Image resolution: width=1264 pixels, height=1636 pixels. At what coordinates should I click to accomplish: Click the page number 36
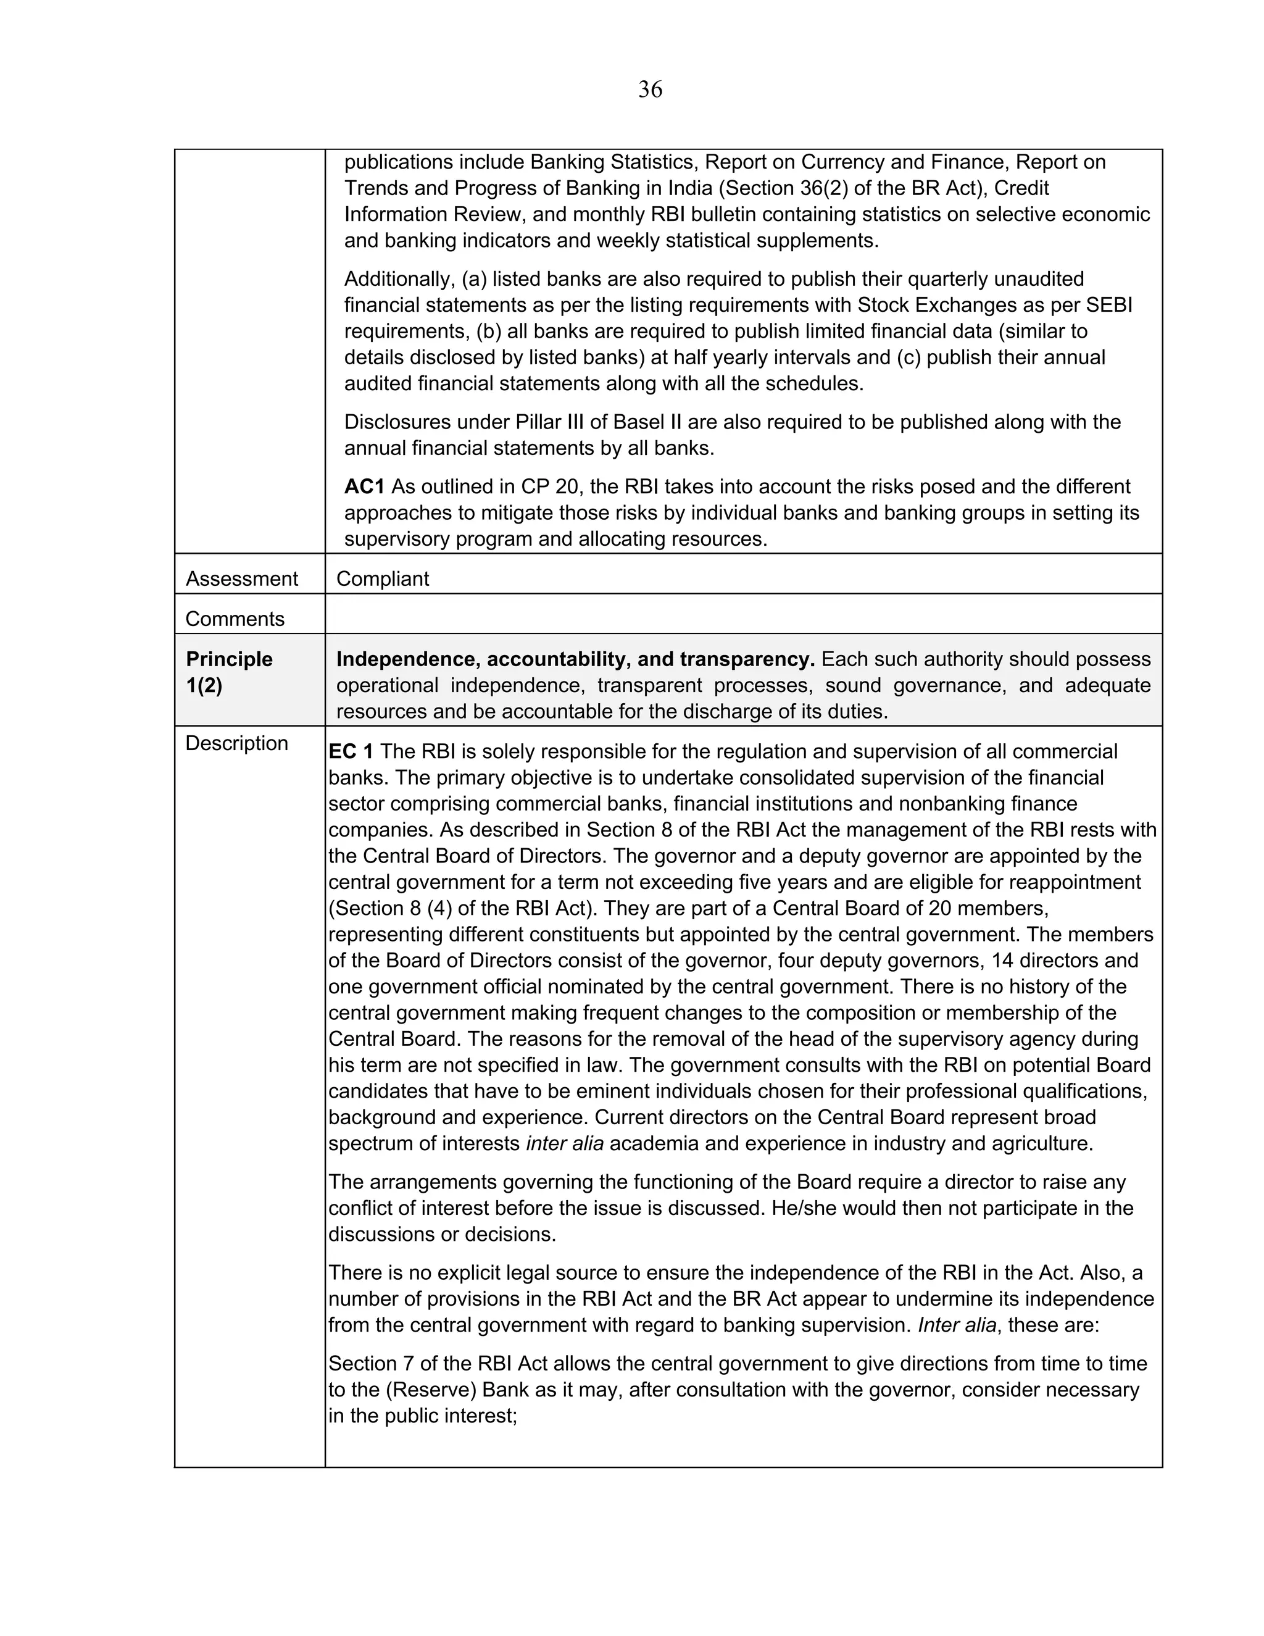pyautogui.click(x=650, y=90)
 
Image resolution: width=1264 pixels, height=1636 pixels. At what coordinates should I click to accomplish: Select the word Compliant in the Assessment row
pyautogui.click(x=383, y=579)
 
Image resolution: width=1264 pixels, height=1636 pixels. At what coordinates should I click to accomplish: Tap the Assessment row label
pyautogui.click(x=241, y=579)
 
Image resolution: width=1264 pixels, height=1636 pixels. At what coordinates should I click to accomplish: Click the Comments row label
pyautogui.click(x=235, y=619)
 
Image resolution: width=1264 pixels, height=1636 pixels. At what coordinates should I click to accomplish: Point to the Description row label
pyautogui.click(x=236, y=743)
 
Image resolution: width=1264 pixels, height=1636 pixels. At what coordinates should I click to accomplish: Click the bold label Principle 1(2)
pyautogui.click(x=228, y=672)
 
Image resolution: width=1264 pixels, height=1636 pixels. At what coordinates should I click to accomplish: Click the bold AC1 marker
pyautogui.click(x=364, y=487)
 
